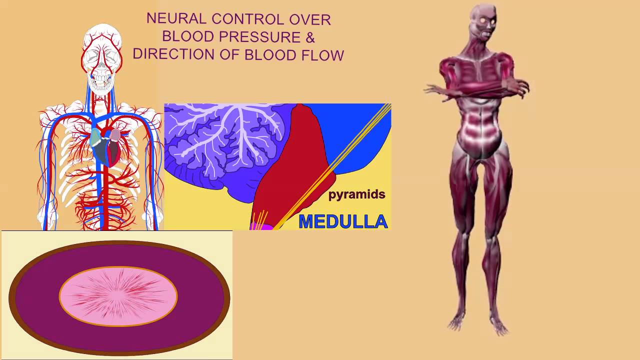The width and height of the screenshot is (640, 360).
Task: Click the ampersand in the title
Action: pos(310,36)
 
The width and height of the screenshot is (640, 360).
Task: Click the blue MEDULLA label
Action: pos(343,221)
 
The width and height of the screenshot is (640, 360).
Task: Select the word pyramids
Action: pos(356,194)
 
